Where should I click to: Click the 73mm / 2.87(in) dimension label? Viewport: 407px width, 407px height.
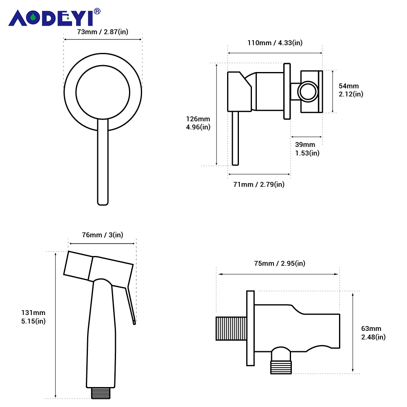[x=103, y=32]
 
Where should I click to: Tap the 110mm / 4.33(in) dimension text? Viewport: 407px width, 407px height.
[x=275, y=43]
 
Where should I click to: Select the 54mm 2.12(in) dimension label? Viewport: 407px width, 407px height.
[x=351, y=90]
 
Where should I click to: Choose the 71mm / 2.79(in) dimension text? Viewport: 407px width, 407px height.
[x=258, y=184]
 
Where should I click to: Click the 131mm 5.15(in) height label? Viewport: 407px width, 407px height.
[x=33, y=317]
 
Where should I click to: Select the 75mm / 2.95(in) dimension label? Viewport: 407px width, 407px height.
[x=279, y=263]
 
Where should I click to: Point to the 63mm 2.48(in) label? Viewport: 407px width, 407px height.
[x=373, y=333]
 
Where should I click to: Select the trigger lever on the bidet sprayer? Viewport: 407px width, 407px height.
[x=131, y=305]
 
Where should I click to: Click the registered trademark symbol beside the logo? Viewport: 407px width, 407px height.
[x=97, y=11]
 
